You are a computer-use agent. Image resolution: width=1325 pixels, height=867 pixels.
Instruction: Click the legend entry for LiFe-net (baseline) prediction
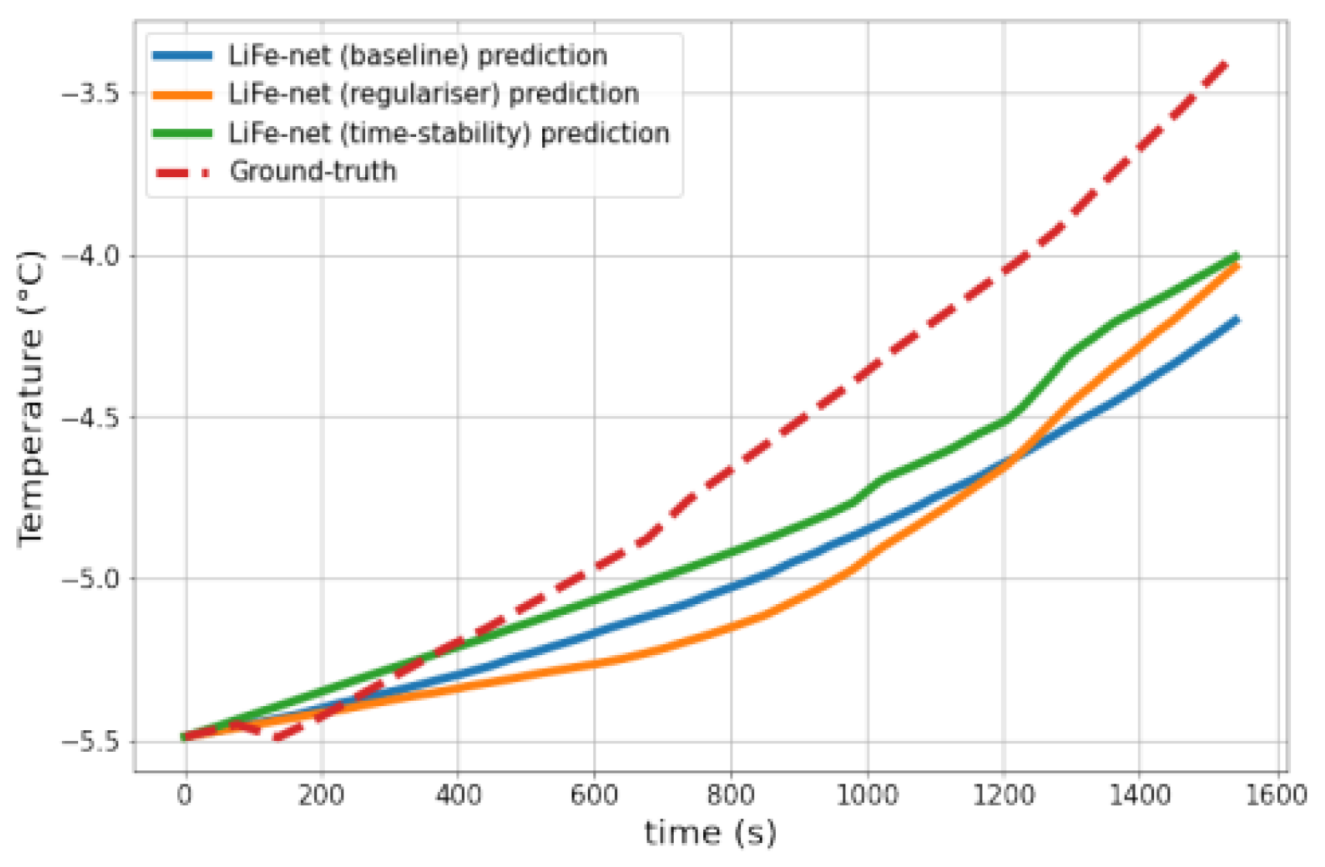[x=417, y=56]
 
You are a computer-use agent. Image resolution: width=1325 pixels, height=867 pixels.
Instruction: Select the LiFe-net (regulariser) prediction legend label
[x=433, y=94]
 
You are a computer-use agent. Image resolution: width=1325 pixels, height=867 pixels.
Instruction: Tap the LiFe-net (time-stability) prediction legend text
[x=449, y=133]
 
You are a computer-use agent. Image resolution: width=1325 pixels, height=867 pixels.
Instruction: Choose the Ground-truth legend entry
[x=312, y=171]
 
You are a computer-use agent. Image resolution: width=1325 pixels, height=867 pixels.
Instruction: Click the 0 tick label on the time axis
[x=184, y=794]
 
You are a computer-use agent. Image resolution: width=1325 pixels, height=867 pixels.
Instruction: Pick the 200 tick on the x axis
[x=321, y=794]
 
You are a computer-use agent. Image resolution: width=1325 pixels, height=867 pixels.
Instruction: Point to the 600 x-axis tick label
[x=594, y=794]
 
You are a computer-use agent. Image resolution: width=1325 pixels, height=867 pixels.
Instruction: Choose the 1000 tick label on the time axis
[x=867, y=794]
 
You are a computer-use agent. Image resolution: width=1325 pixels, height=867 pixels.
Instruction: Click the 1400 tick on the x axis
[x=1140, y=794]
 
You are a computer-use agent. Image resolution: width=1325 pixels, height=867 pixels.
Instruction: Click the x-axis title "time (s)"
[x=709, y=833]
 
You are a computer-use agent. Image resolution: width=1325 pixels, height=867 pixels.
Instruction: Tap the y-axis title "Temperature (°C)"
[x=31, y=399]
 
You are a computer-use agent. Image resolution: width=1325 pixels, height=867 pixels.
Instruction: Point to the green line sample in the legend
[x=183, y=133]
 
